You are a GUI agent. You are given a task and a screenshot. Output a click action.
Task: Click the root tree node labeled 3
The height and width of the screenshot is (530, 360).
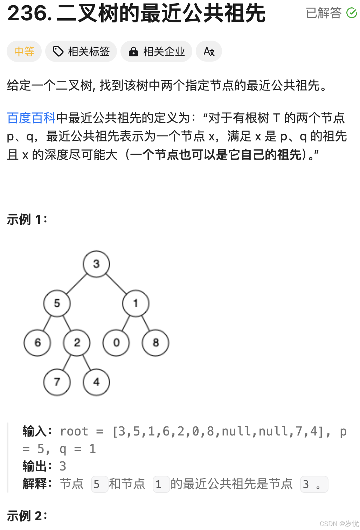click(x=96, y=264)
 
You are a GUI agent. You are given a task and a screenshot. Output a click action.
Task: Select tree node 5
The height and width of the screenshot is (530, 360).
click(x=57, y=303)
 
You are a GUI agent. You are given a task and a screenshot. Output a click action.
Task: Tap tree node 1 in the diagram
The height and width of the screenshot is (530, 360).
click(x=136, y=303)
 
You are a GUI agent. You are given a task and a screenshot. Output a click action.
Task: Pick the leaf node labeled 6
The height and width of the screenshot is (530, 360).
click(x=37, y=343)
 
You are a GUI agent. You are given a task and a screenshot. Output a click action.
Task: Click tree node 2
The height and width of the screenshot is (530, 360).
click(x=77, y=343)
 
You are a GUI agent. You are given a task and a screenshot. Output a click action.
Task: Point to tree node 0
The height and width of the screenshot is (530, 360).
click(x=116, y=343)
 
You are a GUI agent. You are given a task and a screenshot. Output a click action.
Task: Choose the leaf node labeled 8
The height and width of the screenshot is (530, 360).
click(x=155, y=343)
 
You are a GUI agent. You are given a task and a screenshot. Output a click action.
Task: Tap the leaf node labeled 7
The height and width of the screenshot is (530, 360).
click(x=57, y=382)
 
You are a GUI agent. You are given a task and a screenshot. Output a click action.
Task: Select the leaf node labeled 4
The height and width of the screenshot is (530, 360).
click(x=96, y=382)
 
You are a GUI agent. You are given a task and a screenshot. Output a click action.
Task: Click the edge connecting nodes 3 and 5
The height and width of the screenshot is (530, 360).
click(x=77, y=284)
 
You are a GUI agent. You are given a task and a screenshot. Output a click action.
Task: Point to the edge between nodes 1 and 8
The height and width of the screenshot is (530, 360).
click(x=146, y=323)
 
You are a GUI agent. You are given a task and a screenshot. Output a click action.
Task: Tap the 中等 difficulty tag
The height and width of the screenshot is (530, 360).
click(x=24, y=51)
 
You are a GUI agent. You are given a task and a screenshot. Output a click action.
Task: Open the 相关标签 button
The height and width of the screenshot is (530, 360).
click(x=81, y=51)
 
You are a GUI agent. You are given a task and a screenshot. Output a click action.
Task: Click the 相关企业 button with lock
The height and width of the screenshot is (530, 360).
click(x=157, y=51)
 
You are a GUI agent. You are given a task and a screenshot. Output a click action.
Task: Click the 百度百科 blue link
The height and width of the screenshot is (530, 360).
click(x=31, y=118)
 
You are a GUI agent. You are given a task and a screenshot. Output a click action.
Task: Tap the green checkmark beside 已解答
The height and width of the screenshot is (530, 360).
click(x=352, y=13)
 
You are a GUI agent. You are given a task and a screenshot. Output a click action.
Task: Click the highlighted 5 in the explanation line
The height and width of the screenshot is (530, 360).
click(x=97, y=484)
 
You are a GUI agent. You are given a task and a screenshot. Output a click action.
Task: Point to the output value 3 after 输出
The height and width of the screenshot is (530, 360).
click(x=63, y=466)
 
